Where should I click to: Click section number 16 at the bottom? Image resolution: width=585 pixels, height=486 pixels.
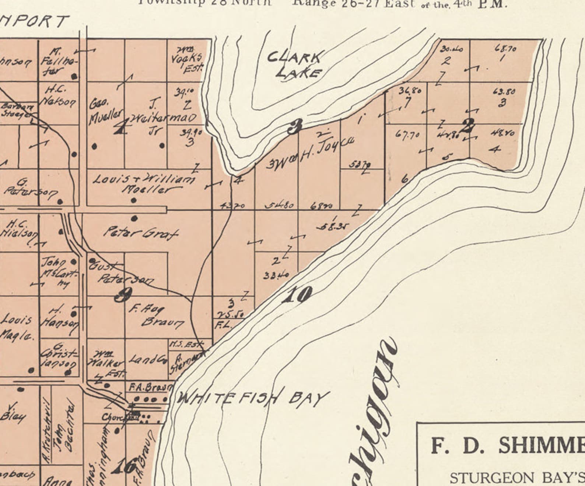(124, 467)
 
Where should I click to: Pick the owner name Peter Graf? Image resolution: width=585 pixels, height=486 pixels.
(141, 233)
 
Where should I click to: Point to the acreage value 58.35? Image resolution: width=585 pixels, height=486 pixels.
(333, 227)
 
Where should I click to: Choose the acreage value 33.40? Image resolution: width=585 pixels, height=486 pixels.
(276, 275)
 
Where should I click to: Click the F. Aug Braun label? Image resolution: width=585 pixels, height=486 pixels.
(155, 316)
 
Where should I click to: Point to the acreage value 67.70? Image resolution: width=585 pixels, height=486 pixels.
(407, 135)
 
